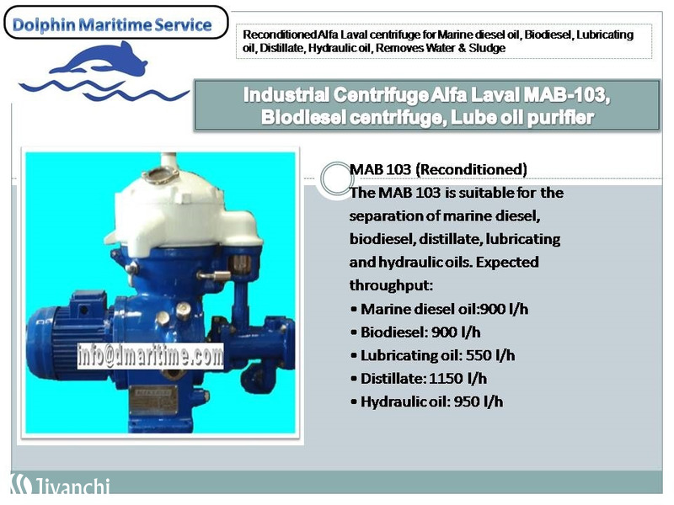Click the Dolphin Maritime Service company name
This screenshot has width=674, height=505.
(112, 25)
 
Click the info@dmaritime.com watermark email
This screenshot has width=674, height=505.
(151, 355)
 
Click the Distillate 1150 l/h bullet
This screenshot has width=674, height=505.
(419, 379)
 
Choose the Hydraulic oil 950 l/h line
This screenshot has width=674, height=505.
(427, 402)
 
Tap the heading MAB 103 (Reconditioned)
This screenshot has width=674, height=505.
(438, 170)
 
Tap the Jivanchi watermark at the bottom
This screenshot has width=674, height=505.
(60, 485)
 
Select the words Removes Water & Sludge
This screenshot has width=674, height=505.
(441, 48)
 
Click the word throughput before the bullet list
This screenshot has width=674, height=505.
(391, 285)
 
